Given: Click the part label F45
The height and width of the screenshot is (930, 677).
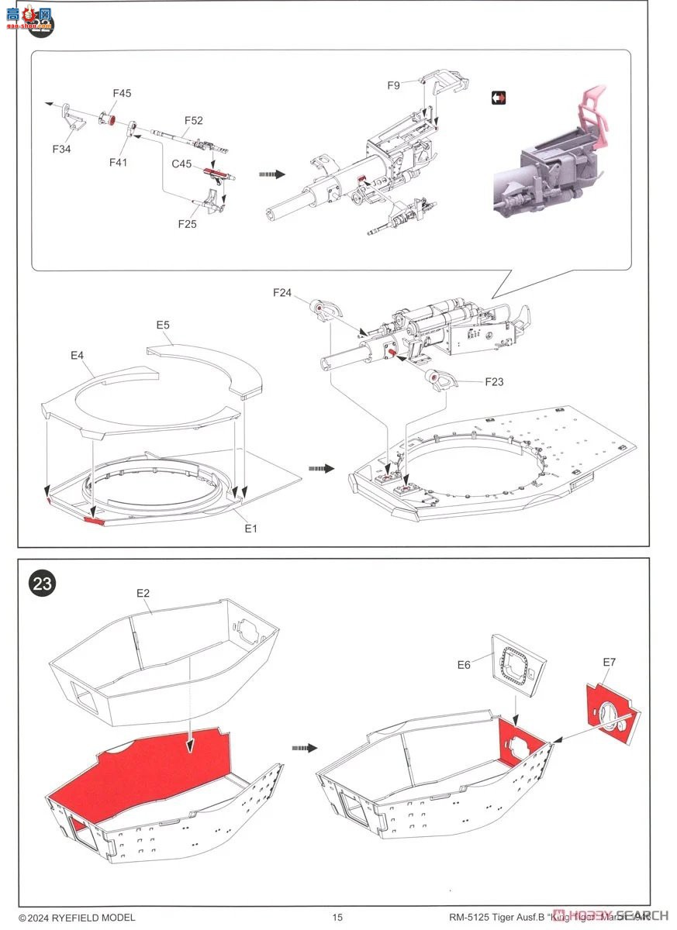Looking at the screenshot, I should coord(122,93).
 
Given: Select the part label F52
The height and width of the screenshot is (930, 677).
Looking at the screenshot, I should coord(193,120).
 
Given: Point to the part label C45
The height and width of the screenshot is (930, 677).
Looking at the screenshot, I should coord(181,164).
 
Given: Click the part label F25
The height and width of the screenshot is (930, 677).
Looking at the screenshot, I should coord(187,224).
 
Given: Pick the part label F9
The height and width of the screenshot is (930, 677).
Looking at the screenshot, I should coord(394,85).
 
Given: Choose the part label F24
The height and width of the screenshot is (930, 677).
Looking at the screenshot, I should coord(282,292).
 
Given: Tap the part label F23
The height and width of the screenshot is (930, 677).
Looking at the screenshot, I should coord(494,381).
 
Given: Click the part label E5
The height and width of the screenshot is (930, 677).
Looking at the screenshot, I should coord(163,325).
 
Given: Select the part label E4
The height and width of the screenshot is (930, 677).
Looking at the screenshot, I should coord(77,355).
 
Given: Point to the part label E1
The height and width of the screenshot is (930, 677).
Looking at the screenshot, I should coord(250,528).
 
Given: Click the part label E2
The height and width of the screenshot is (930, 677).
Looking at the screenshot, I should coord(143,593).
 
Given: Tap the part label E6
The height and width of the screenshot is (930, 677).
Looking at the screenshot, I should coord(464,664).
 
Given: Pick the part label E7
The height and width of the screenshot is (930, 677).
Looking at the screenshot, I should coord(609,662).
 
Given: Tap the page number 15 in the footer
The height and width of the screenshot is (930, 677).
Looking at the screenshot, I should coord(337,918).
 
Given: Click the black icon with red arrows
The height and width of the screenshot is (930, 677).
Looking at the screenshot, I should coord(499,98).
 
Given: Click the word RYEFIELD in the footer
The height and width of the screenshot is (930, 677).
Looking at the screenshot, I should coord(75,918).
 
